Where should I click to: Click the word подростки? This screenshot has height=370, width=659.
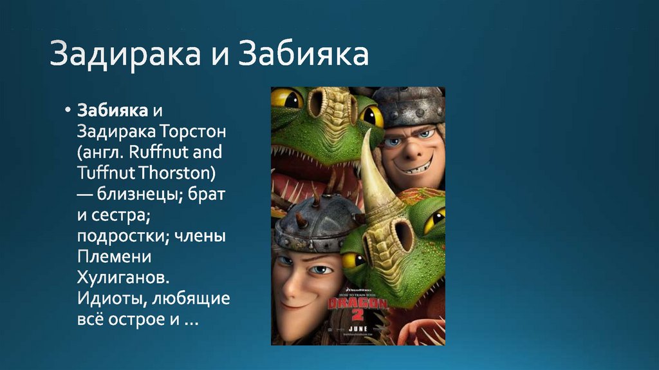click(x=122, y=237)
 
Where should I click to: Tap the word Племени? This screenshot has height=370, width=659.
click(x=115, y=257)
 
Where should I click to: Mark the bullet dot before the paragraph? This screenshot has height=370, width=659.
click(x=66, y=110)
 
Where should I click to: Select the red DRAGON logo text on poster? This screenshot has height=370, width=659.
click(x=358, y=304)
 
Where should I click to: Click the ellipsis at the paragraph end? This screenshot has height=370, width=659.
click(x=189, y=320)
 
